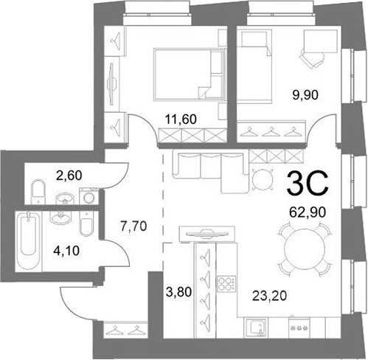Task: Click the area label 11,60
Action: [181, 120]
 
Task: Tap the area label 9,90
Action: [305, 94]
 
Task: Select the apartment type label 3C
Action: [308, 183]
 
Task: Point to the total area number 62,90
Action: [308, 212]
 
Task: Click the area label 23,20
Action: [270, 295]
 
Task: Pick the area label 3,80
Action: [179, 292]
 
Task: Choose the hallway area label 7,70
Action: [133, 226]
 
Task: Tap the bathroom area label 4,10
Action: [66, 251]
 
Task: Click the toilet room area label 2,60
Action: [69, 176]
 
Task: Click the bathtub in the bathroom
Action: [29, 241]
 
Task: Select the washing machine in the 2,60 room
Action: [88, 195]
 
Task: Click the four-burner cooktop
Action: [226, 284]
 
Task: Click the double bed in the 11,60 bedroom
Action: [190, 75]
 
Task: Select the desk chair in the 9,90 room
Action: [311, 59]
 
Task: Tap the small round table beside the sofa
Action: [262, 180]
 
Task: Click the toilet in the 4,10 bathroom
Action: [86, 224]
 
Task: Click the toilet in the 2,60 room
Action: [38, 192]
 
